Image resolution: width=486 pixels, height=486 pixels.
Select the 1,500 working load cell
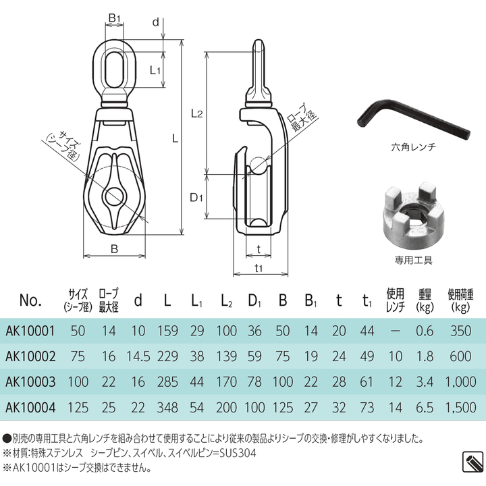(x=461, y=408)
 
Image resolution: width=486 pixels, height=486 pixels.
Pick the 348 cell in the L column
(x=167, y=408)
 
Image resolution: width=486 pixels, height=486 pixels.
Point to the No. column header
(x=31, y=300)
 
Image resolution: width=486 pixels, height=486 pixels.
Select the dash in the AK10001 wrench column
(x=395, y=331)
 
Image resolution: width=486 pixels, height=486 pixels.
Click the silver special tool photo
(x=412, y=217)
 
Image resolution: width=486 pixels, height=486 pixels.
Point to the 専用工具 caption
(x=413, y=259)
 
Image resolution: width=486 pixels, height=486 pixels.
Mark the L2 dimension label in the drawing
(x=196, y=113)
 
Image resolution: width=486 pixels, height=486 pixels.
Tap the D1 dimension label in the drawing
(x=196, y=198)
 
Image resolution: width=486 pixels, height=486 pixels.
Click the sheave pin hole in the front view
(x=113, y=197)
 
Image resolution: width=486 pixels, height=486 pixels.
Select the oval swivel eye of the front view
(x=114, y=70)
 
